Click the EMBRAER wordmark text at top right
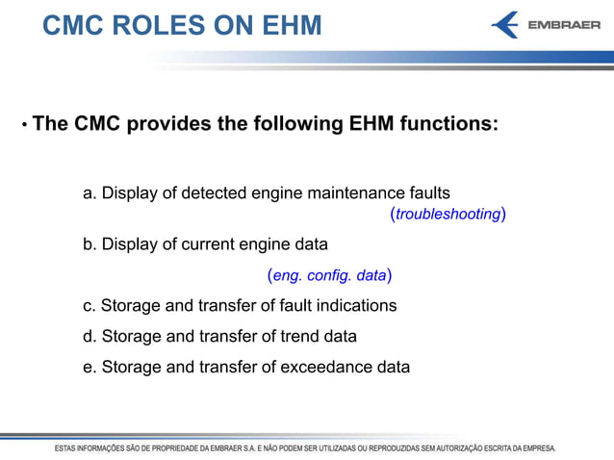[565, 25]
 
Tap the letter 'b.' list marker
[90, 244]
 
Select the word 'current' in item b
[192, 244]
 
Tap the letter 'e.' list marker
[90, 367]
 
